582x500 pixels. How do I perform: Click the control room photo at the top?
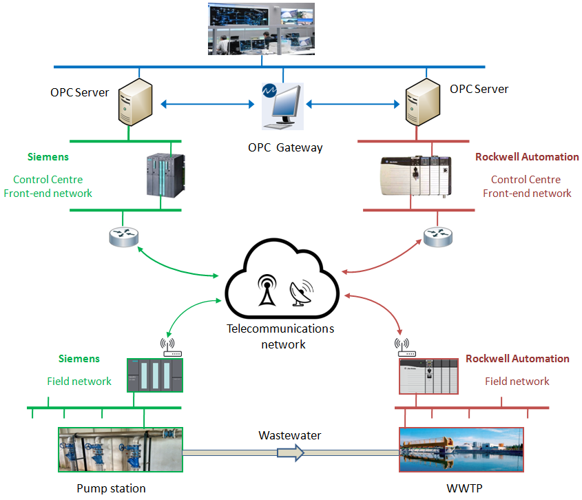[x=262, y=28]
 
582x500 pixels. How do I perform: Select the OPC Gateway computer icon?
[x=282, y=107]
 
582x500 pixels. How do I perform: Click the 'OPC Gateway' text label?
[x=285, y=147]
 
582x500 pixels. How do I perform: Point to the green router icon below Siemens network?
[x=124, y=237]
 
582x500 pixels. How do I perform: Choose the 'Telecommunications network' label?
[x=280, y=336]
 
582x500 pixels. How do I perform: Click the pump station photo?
[x=121, y=450]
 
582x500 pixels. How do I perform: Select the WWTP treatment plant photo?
[x=461, y=450]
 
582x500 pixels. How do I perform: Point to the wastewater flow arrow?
[x=290, y=452]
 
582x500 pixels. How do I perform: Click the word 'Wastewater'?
[x=289, y=435]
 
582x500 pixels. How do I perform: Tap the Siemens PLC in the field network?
[x=156, y=375]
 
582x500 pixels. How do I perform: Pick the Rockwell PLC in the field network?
[x=428, y=377]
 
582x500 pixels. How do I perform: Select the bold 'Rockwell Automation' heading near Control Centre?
[x=527, y=157]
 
